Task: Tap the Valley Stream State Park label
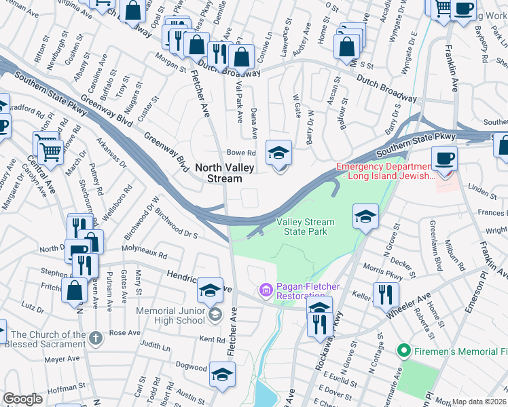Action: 305,227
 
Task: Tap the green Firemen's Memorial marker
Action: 403,351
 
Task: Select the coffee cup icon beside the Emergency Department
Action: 444,159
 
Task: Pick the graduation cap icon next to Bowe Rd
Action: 278,153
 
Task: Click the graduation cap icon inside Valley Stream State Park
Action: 365,217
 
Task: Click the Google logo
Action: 22,399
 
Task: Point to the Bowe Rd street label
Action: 240,153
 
